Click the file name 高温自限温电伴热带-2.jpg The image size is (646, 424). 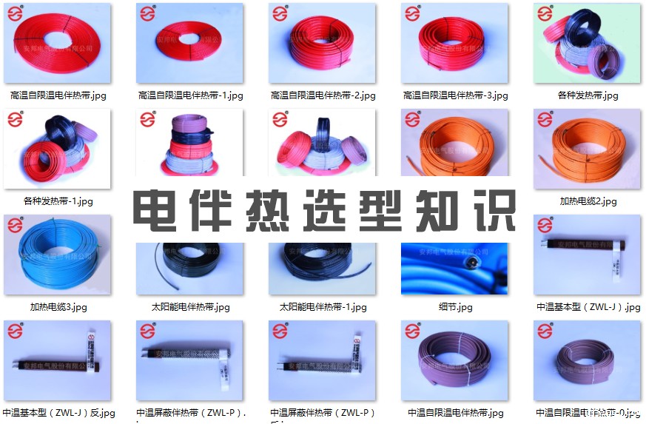click(x=323, y=95)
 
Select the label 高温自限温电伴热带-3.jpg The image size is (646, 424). click(x=455, y=95)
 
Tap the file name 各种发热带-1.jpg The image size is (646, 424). click(x=58, y=201)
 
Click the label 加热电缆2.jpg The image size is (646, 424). click(x=588, y=201)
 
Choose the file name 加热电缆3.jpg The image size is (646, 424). click(x=58, y=307)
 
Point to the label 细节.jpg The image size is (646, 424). click(x=455, y=307)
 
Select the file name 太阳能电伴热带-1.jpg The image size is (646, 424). click(x=323, y=307)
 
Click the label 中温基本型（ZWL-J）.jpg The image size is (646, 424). click(x=588, y=307)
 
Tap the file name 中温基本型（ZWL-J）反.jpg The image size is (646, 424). click(x=58, y=413)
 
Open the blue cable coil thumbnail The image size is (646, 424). click(x=58, y=255)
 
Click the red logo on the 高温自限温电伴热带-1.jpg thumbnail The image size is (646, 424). click(x=147, y=14)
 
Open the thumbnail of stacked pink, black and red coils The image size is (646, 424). click(x=190, y=148)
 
